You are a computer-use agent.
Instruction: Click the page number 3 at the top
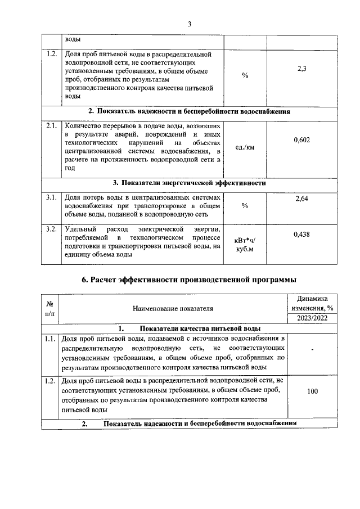point(190,24)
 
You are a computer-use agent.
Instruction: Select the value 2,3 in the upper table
point(301,69)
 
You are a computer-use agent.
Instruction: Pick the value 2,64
point(301,199)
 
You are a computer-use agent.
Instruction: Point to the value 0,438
point(301,234)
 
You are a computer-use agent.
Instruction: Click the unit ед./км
point(245,148)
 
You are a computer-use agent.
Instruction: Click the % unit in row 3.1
point(245,206)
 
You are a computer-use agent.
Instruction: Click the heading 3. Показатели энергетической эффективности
point(189,183)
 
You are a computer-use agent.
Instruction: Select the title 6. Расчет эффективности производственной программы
point(189,280)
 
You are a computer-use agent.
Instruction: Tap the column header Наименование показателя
point(173,309)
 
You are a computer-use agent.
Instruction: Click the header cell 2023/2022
point(313,319)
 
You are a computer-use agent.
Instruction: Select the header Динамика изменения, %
point(313,303)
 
